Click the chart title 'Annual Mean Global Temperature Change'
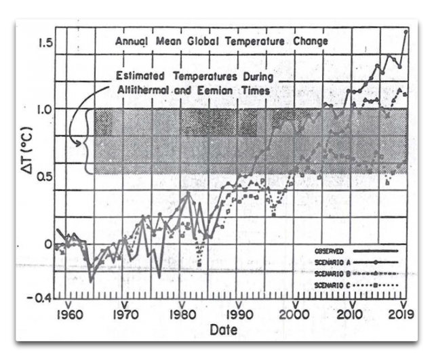(221, 41)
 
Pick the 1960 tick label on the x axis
(68, 315)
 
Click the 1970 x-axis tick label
(123, 315)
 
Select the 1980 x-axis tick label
(181, 315)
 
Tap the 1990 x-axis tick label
(237, 315)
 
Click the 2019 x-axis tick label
(401, 315)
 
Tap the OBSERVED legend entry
(328, 252)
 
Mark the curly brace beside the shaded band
(85, 142)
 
